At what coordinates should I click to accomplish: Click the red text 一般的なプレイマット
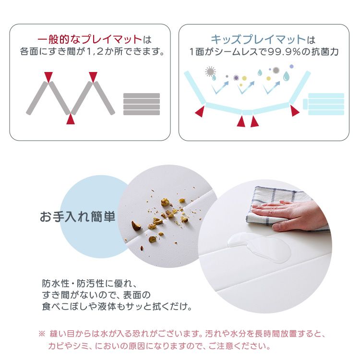point(90,39)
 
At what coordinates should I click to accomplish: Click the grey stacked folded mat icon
point(142,104)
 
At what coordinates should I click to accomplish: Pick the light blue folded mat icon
point(325,104)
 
